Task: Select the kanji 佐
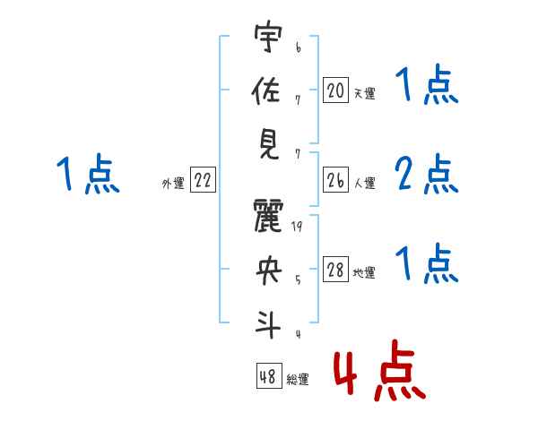(266, 92)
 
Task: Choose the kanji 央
(266, 270)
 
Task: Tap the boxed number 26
(335, 180)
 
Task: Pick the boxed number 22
(203, 180)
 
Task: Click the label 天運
(364, 93)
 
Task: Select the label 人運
(364, 184)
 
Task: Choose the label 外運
(172, 184)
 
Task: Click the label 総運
(298, 380)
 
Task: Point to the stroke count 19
(298, 228)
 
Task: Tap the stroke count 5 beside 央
(298, 279)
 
